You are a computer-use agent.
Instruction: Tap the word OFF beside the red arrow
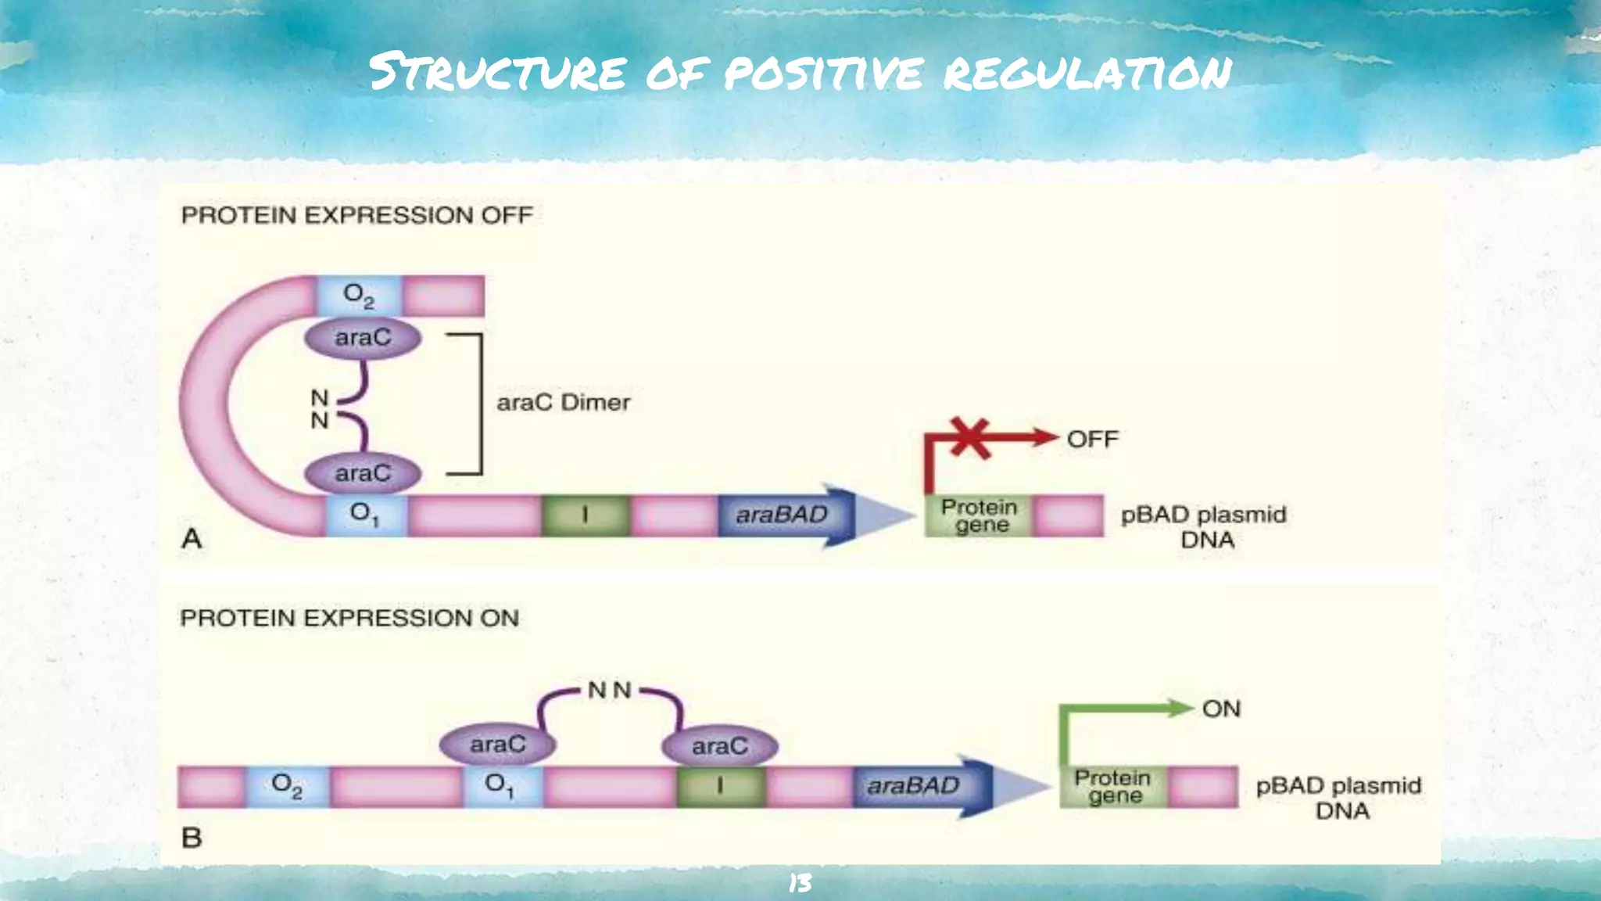(1092, 439)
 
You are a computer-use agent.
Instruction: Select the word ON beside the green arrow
(1221, 709)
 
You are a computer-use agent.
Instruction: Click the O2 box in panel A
(359, 296)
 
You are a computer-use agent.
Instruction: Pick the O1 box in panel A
(365, 515)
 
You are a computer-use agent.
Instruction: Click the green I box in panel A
(585, 515)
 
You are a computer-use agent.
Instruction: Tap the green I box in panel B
(720, 786)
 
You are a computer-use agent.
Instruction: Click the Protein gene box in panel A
(979, 515)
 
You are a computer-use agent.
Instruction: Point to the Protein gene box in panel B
(1113, 786)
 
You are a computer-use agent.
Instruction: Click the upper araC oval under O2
(363, 338)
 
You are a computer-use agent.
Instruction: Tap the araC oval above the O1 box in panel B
(498, 744)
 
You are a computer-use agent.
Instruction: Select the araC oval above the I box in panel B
(720, 746)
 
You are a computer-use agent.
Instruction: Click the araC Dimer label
(563, 402)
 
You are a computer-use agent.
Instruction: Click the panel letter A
(192, 538)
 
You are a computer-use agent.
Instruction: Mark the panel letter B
(192, 838)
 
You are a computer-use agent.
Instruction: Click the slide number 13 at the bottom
(800, 884)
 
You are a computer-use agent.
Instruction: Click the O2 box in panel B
(287, 785)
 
